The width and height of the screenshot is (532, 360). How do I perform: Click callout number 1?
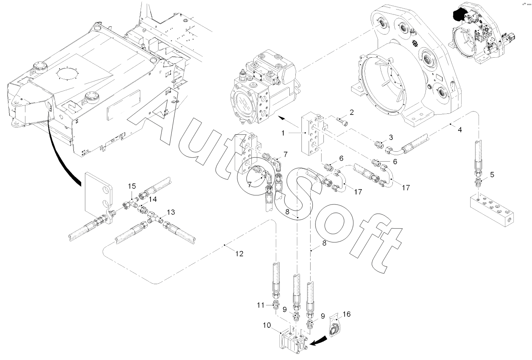coord(283,133)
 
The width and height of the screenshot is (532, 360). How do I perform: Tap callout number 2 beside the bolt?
coord(352,112)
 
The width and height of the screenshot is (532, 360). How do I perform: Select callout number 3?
coord(391,137)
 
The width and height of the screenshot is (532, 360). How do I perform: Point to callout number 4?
coord(460,130)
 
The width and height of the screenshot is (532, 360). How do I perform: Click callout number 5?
coord(492,174)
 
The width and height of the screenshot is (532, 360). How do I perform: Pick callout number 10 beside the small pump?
coord(267,325)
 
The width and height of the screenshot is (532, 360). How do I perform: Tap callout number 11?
coord(261,305)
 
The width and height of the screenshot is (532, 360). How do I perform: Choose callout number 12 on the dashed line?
coord(239,254)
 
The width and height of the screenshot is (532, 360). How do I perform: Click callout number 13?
coord(171,212)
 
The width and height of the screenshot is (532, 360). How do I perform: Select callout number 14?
coord(153,199)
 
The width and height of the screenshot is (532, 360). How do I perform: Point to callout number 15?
coord(132,186)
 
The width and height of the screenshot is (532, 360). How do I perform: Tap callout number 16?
coord(347,314)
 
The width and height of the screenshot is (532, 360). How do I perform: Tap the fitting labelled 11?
coord(276,305)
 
